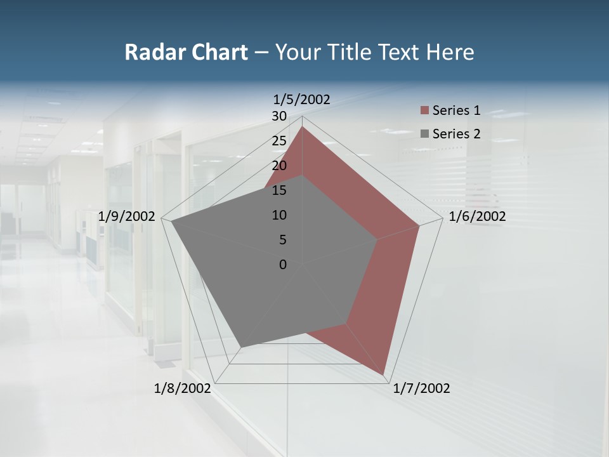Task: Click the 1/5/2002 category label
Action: pos(301,99)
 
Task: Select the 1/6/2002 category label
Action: pos(477,217)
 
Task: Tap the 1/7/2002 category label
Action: pos(421,388)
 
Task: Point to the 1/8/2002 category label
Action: pos(183,388)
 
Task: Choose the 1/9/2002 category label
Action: pos(127,216)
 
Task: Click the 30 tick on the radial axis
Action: pos(279,116)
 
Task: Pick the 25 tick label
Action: pos(279,141)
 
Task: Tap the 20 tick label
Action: pos(279,166)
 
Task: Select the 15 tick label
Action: pos(279,190)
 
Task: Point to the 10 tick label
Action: pos(279,215)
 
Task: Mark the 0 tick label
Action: pos(283,265)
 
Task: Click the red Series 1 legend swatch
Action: pos(424,110)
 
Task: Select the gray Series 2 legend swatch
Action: pos(424,134)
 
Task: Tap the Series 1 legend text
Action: pos(456,110)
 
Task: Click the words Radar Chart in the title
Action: pos(186,52)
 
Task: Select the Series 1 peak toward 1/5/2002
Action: pos(302,126)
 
